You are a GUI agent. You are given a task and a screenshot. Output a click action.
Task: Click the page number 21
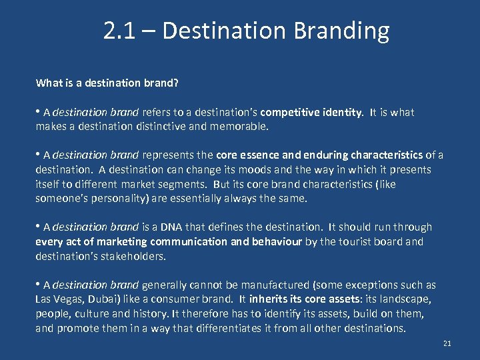pyautogui.click(x=447, y=343)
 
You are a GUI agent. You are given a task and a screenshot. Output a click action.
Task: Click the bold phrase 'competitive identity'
pyautogui.click(x=311, y=113)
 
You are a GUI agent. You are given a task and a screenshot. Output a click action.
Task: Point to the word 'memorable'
pyautogui.click(x=239, y=125)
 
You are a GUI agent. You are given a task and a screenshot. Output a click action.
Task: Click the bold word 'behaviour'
pyautogui.click(x=277, y=242)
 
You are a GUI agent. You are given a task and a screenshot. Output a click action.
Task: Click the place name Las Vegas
pyautogui.click(x=59, y=299)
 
